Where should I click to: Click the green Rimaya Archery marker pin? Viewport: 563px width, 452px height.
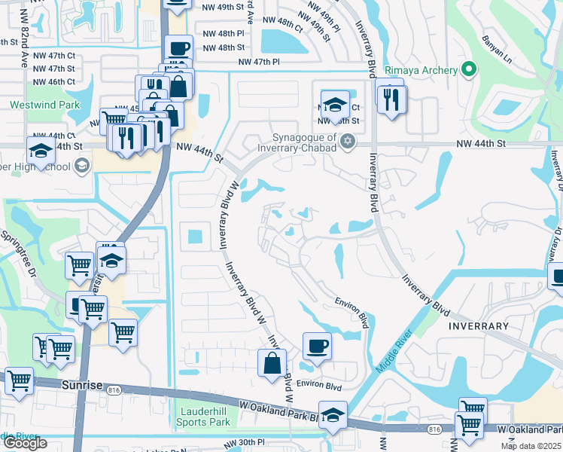[x=469, y=70]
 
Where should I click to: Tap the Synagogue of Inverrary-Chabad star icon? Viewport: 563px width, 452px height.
[x=347, y=141]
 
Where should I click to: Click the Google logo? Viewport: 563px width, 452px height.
[x=25, y=443]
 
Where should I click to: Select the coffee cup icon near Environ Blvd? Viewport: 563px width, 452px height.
[x=317, y=346]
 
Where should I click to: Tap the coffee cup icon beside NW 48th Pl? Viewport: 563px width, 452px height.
[x=178, y=47]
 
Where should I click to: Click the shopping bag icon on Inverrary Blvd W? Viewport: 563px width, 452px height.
[x=272, y=363]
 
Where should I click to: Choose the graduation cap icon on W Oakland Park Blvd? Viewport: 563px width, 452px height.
[x=333, y=415]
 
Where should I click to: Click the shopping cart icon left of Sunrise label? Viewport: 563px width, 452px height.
[x=19, y=381]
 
